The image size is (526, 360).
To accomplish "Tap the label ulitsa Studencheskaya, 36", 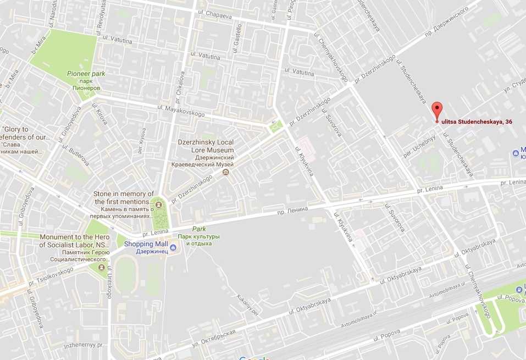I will click(x=477, y=121).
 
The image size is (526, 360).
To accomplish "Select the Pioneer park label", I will click(x=86, y=73).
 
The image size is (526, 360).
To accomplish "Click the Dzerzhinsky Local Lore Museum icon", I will click(x=225, y=173).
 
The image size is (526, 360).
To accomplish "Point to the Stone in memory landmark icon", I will click(x=159, y=205).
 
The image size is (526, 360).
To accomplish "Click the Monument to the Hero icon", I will click(x=101, y=268).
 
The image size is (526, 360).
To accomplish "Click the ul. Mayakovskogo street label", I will click(x=181, y=111).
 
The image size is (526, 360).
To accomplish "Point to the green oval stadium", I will click(x=128, y=273).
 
